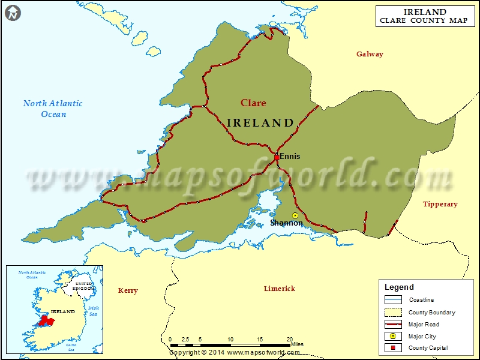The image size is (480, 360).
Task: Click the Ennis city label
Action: pyautogui.click(x=290, y=157)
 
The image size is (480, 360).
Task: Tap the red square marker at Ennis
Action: pyautogui.click(x=277, y=157)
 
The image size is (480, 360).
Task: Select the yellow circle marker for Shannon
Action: pyautogui.click(x=295, y=215)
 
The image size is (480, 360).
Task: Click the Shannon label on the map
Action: pyautogui.click(x=286, y=223)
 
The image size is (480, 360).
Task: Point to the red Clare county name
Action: pyautogui.click(x=253, y=103)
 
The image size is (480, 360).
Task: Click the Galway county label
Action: pyautogui.click(x=370, y=54)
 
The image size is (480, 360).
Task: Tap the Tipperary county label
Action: pyautogui.click(x=440, y=204)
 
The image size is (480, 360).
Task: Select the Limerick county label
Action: pyautogui.click(x=280, y=289)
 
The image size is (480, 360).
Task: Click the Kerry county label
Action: pyautogui.click(x=128, y=290)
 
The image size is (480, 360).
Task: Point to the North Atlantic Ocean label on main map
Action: pyautogui.click(x=53, y=109)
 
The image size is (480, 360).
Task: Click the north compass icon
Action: pyautogui.click(x=13, y=13)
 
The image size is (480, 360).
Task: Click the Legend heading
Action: pyautogui.click(x=399, y=287)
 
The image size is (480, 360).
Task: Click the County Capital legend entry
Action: pyautogui.click(x=428, y=348)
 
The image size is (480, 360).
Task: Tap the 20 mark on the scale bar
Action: pyautogui.click(x=290, y=340)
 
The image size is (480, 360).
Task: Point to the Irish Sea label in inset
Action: pyautogui.click(x=93, y=311)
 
